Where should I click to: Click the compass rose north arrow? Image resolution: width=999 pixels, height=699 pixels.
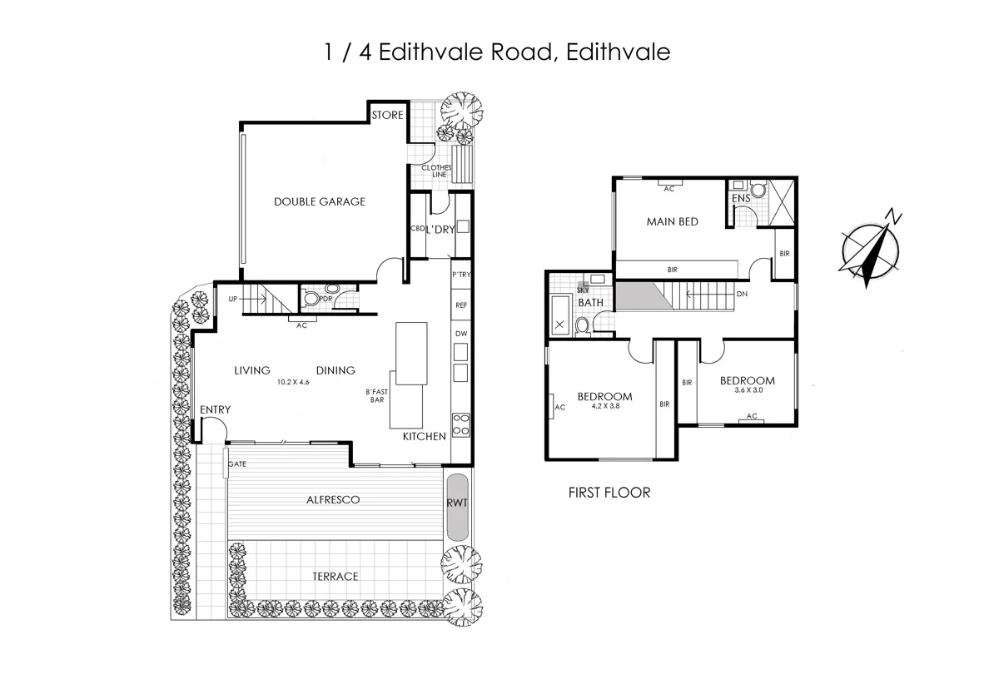(872, 248)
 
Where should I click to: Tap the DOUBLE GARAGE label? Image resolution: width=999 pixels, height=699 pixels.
(319, 201)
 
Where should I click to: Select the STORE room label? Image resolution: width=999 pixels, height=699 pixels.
(387, 115)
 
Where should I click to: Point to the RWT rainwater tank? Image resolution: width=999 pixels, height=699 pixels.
(457, 505)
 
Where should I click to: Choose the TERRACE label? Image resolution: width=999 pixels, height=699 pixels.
(335, 576)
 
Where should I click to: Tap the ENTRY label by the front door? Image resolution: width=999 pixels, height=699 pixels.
(215, 409)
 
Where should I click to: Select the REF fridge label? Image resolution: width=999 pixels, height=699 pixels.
(461, 305)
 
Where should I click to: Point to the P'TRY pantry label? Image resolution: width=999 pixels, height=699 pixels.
(461, 275)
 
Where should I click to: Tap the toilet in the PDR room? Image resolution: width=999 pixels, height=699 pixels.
(311, 298)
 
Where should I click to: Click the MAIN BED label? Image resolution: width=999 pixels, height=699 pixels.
(672, 221)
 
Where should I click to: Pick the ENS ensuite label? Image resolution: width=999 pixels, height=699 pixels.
(740, 199)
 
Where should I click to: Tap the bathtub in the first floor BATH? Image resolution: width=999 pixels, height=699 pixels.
(559, 317)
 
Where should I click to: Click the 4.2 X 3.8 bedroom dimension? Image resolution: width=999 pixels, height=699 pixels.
(604, 406)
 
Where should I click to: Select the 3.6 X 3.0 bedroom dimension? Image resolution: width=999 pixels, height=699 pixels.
(749, 390)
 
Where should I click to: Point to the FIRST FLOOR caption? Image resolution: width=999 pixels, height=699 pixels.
(609, 493)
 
